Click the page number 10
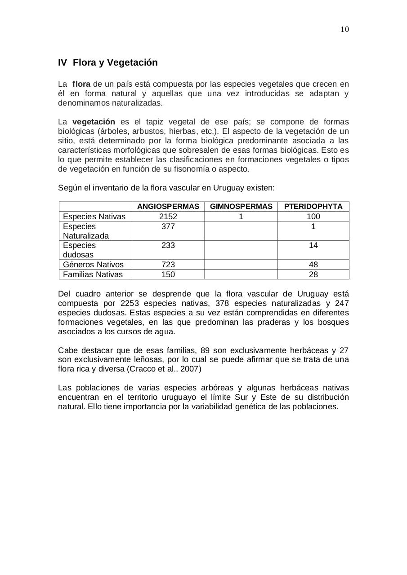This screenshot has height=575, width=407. (344, 30)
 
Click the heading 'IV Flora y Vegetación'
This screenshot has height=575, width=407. (107, 62)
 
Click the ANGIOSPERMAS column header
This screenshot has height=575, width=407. (168, 207)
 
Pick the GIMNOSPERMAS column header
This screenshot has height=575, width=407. (241, 207)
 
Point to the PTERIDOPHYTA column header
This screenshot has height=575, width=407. (313, 207)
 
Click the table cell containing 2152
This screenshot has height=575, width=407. (168, 217)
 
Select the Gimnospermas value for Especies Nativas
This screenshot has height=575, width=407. (241, 217)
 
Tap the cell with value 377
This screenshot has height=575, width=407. (168, 226)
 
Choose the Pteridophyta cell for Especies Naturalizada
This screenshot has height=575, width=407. (313, 226)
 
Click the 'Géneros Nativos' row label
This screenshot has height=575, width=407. (93, 265)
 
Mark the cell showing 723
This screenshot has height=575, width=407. (168, 265)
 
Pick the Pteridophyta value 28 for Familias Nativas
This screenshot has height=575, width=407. (313, 274)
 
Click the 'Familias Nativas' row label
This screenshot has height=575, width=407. (93, 274)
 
